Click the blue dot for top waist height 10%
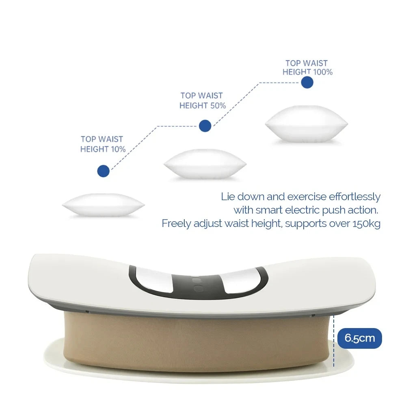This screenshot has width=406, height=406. click(104, 171)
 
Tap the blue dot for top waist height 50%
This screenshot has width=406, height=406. click(205, 126)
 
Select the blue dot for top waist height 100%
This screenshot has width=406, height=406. click(307, 82)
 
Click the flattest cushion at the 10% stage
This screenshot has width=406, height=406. click(103, 205)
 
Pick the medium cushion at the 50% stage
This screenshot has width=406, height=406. click(205, 164)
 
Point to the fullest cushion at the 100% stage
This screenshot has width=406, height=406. click(306, 123)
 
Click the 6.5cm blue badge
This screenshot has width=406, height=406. click(360, 338)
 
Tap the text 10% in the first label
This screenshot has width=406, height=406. click(118, 149)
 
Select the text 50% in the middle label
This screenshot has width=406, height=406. click(218, 106)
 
